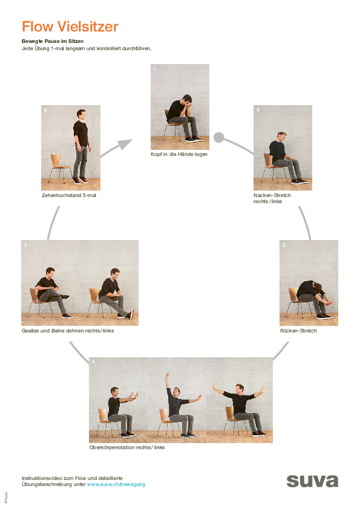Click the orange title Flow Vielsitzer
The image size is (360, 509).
click(70, 27)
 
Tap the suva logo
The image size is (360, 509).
click(312, 481)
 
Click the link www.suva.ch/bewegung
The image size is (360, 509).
click(116, 484)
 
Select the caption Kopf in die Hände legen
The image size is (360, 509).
click(179, 154)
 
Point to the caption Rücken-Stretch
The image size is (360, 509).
click(298, 331)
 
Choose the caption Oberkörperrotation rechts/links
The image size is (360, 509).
click(126, 447)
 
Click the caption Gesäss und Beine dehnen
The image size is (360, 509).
click(67, 331)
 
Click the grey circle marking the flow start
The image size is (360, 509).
click(219, 137)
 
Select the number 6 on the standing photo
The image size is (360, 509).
click(45, 110)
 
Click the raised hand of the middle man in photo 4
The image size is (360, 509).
click(168, 376)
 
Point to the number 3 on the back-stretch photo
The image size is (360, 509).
click(283, 245)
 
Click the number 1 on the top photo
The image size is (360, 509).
click(154, 69)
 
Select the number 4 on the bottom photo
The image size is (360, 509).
click(93, 361)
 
